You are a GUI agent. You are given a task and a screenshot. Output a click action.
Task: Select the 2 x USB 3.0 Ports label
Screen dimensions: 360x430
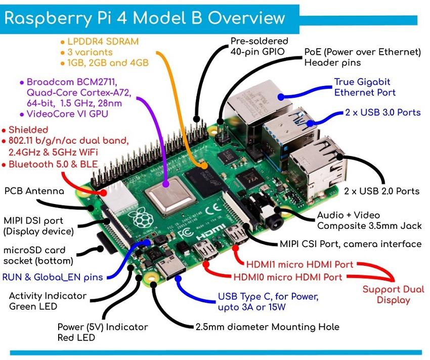(x=382, y=112)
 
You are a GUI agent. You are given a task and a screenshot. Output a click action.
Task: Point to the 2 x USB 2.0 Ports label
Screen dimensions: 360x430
(x=382, y=191)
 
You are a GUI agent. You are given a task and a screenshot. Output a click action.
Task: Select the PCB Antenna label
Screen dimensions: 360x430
(x=34, y=191)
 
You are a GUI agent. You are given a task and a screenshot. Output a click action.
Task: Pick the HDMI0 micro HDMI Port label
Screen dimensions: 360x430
(x=288, y=277)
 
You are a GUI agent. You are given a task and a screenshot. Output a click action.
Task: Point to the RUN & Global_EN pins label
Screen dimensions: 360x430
(x=53, y=277)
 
